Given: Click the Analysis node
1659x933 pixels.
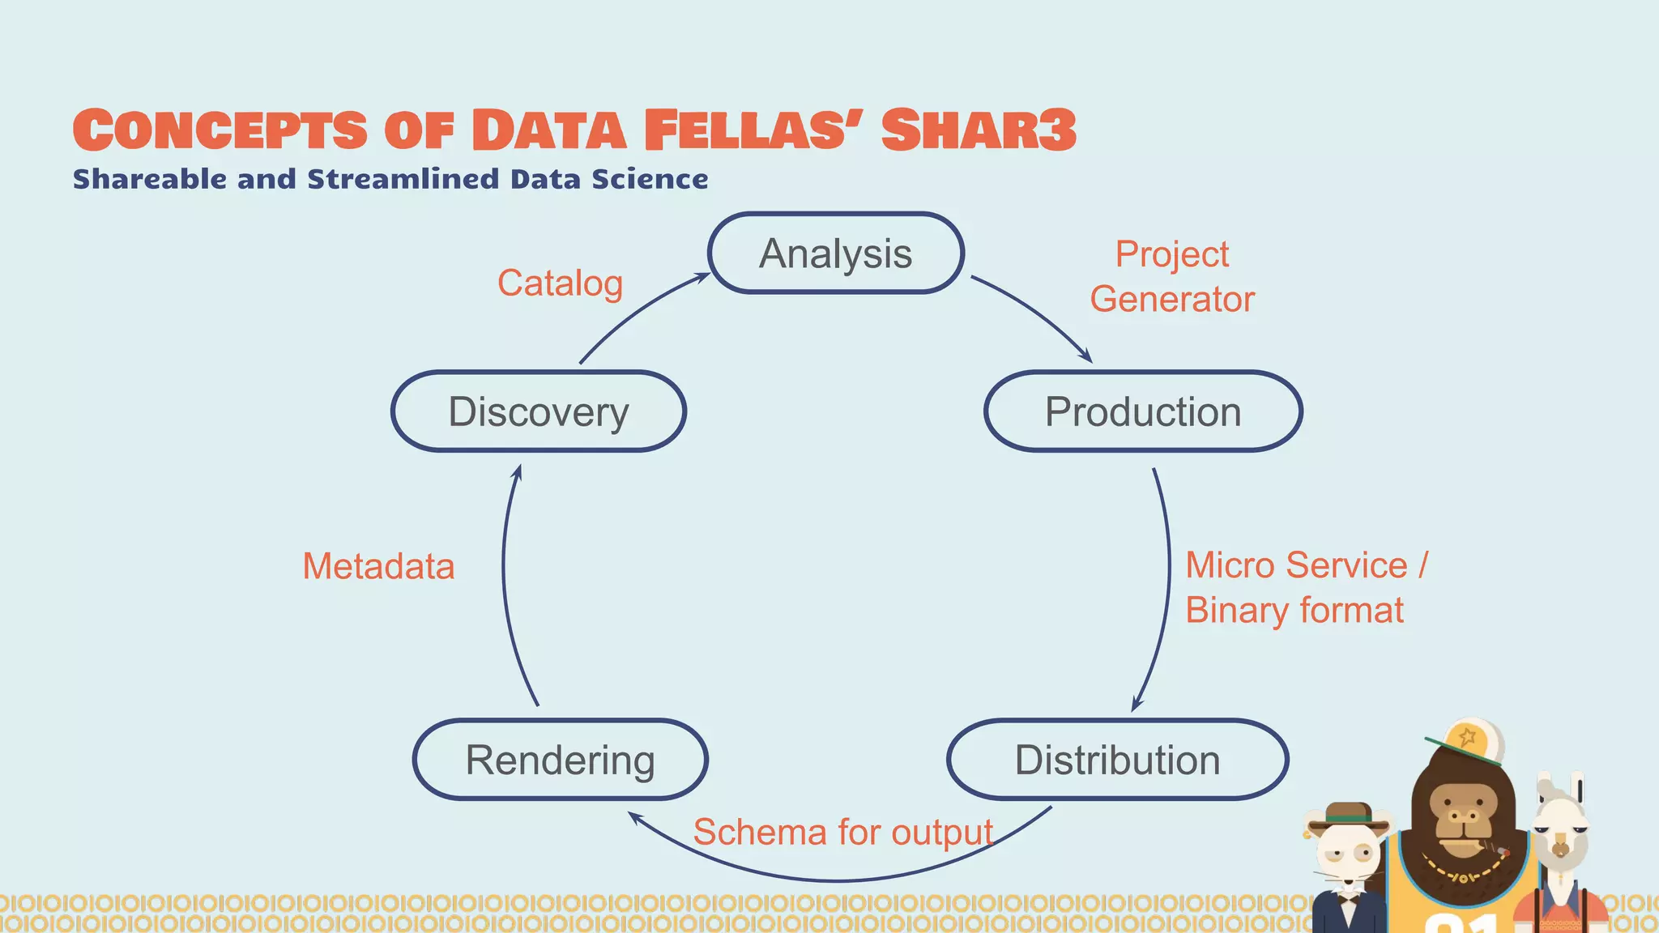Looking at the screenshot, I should point(835,253).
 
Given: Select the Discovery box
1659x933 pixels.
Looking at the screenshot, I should point(539,411).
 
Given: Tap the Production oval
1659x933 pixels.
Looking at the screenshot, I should point(1142,411).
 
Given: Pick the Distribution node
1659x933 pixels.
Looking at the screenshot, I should point(1117,760).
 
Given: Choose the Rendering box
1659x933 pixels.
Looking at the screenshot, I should point(560,760).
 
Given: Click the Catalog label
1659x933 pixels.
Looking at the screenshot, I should point(560,283).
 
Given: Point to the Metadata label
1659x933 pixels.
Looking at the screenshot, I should point(378,566).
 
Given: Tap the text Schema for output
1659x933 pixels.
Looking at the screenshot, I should point(842,832).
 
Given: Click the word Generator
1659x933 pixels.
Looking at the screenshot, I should point(1171,299).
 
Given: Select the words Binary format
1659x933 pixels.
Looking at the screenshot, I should point(1294,610).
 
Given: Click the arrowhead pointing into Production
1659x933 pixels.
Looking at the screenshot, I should point(1086,357).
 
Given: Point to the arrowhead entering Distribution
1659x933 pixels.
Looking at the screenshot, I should point(1136,705).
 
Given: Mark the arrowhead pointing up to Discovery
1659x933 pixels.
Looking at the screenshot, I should point(517,472).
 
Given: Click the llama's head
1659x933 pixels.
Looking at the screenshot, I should point(1559,826).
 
